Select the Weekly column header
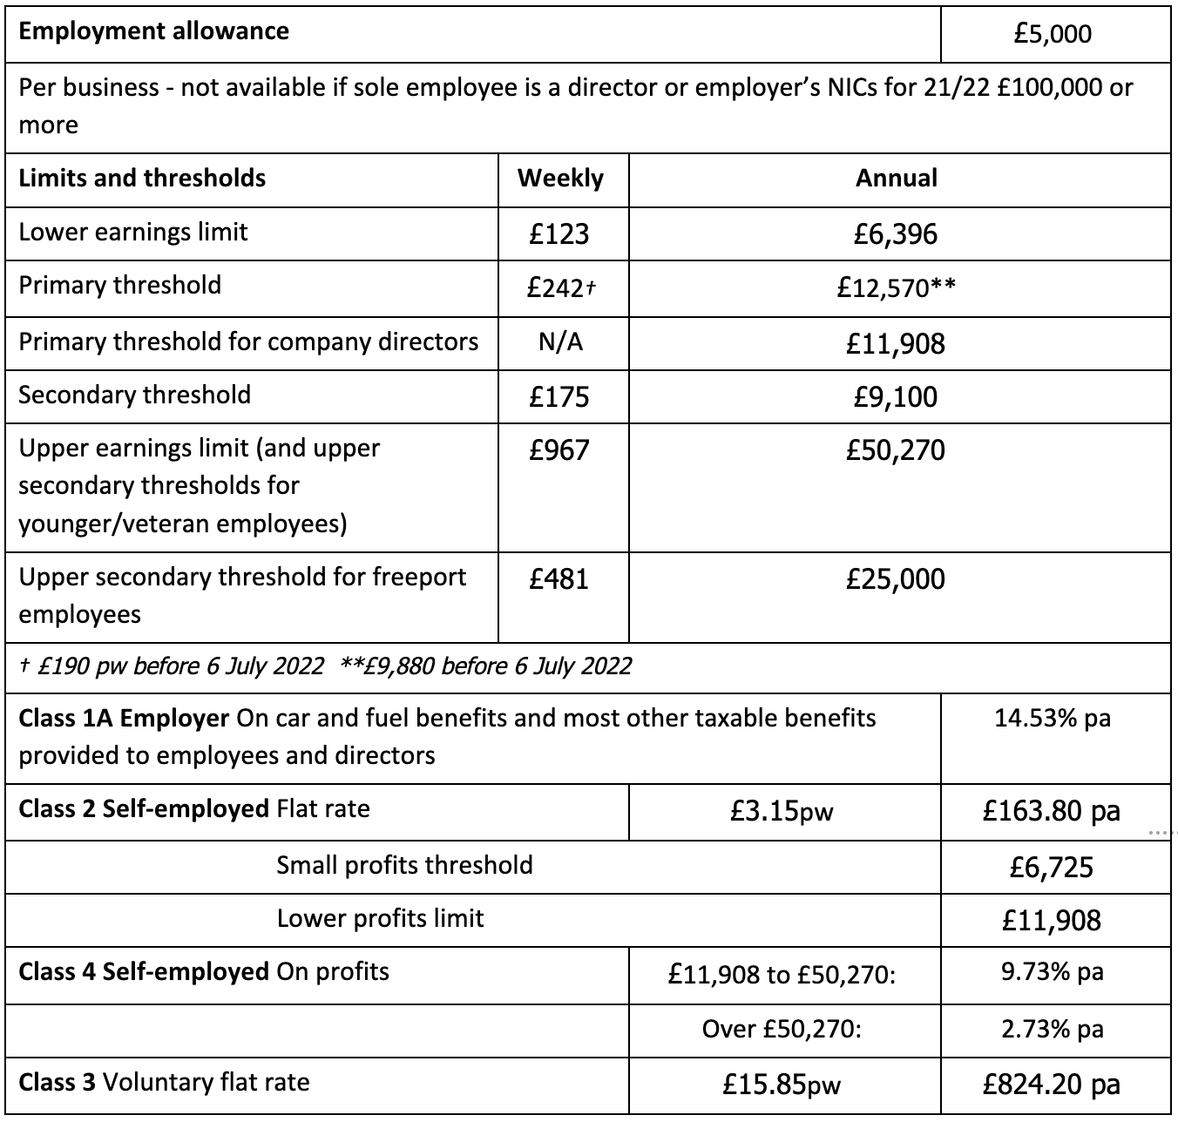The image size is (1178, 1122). (x=560, y=179)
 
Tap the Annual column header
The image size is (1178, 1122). (x=897, y=179)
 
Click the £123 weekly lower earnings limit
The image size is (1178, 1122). (x=559, y=233)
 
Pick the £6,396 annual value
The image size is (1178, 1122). (x=896, y=233)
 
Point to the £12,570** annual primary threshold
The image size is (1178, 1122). (x=896, y=287)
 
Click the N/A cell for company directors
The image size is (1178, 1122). (x=560, y=342)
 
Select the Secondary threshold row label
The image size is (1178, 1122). (x=135, y=395)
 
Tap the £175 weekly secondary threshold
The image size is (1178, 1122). (x=559, y=397)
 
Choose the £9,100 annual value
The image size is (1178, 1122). (x=896, y=397)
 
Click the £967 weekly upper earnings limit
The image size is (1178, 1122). (x=559, y=450)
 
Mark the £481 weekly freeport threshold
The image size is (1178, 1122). (x=559, y=579)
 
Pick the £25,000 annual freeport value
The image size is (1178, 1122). (x=896, y=579)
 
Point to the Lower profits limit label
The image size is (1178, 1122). (x=380, y=919)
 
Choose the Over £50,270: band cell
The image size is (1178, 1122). (x=782, y=1030)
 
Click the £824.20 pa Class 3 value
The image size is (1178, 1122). (x=1052, y=1085)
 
